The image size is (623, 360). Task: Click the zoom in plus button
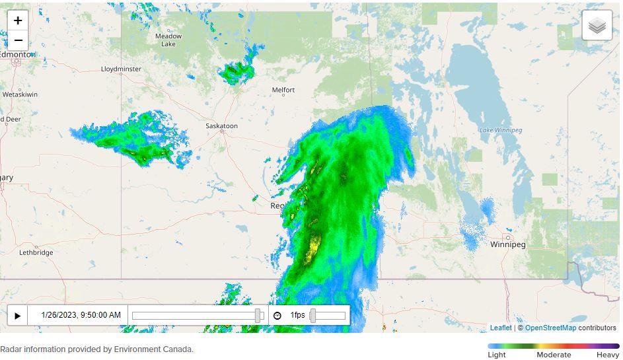click(18, 20)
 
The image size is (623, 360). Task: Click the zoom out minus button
click(18, 40)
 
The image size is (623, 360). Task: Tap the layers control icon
click(597, 26)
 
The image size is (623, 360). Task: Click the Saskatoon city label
click(221, 126)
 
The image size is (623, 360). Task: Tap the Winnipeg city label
click(508, 244)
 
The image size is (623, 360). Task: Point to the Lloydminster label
click(121, 69)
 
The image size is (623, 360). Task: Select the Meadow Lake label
click(168, 40)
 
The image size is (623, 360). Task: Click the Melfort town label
click(283, 90)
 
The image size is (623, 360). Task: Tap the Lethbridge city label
click(36, 252)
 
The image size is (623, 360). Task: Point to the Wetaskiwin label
click(20, 94)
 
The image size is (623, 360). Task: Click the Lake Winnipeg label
click(501, 130)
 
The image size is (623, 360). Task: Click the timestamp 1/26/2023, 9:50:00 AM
click(81, 315)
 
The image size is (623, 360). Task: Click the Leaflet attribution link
click(501, 328)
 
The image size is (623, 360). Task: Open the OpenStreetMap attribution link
click(550, 328)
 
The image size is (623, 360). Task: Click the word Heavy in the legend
click(608, 355)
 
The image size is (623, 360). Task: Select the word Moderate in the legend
click(554, 355)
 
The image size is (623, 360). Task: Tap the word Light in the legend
click(497, 355)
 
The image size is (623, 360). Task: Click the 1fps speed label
click(297, 315)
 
